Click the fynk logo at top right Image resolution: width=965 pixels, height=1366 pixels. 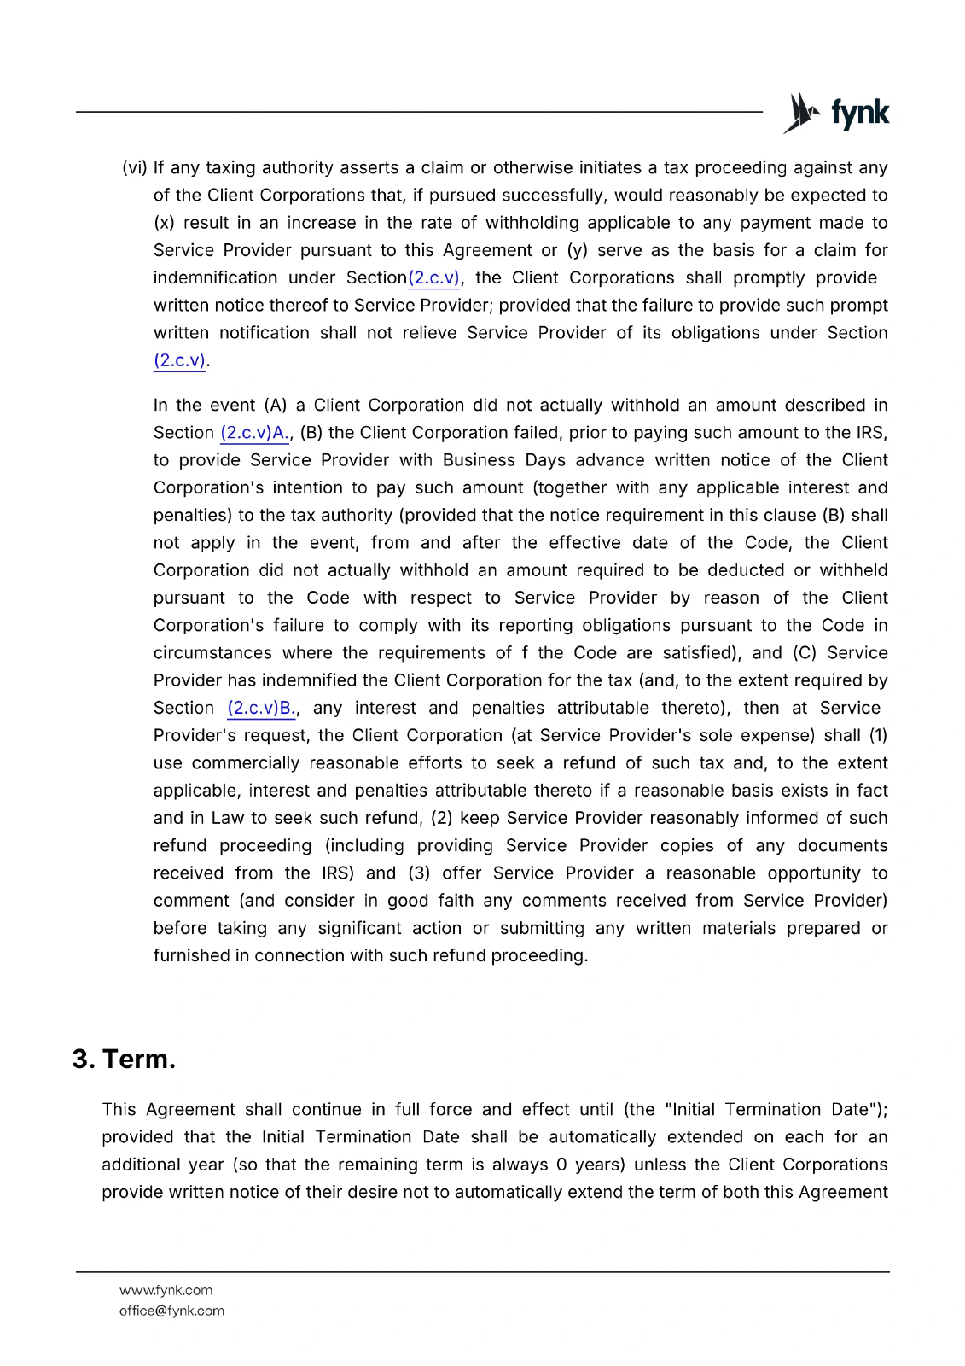(x=836, y=112)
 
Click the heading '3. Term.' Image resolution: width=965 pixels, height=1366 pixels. (x=124, y=1059)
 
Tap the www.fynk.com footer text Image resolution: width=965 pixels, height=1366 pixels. (x=166, y=1290)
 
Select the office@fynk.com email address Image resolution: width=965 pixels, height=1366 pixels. (x=171, y=1311)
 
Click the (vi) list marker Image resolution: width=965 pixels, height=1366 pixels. (x=135, y=167)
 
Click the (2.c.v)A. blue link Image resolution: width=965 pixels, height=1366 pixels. (x=254, y=433)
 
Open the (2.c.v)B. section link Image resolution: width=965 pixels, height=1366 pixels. (x=262, y=708)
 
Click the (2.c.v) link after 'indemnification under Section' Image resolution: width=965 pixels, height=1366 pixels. (x=434, y=277)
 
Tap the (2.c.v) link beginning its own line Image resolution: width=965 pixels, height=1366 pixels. (x=179, y=360)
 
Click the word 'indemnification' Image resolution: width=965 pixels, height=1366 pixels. (x=215, y=277)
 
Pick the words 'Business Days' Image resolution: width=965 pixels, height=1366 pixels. (x=503, y=460)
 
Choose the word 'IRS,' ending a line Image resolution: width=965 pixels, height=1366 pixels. (x=872, y=433)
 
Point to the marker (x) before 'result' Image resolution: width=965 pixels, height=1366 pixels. (x=164, y=223)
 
